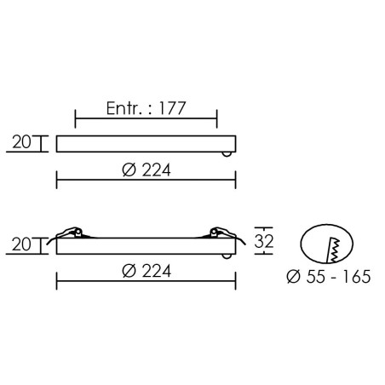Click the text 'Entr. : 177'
(146, 108)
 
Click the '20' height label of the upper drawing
(21, 141)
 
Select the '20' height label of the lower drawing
(21, 244)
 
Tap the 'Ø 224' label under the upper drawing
(147, 170)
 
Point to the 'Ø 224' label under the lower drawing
(147, 271)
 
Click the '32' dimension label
(264, 241)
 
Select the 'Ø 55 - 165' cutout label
(329, 276)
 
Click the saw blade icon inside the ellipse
(334, 250)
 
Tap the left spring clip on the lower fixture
(69, 235)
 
